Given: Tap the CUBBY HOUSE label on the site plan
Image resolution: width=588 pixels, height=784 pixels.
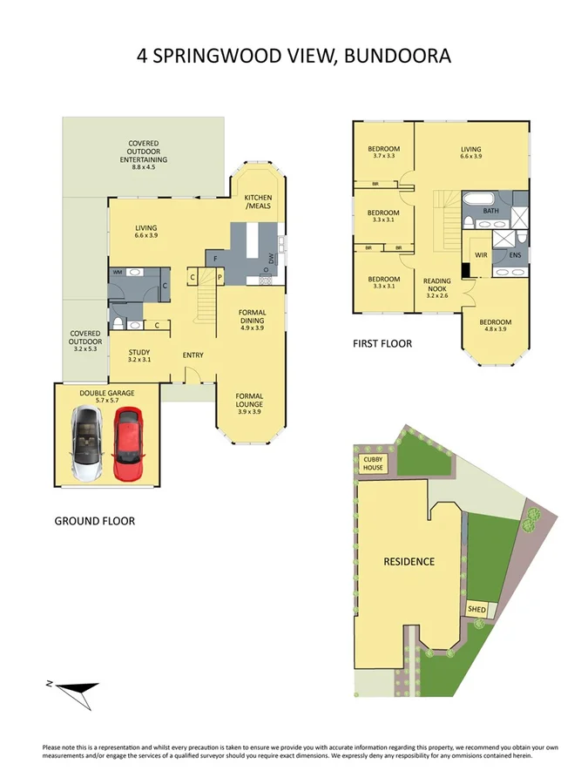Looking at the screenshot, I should pyautogui.click(x=372, y=464).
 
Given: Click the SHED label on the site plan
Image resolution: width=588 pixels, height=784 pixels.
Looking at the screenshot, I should pyautogui.click(x=476, y=609).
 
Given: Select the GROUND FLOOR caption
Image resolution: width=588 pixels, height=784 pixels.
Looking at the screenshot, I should pyautogui.click(x=94, y=521).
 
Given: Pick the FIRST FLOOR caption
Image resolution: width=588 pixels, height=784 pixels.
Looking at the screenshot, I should pyautogui.click(x=382, y=344).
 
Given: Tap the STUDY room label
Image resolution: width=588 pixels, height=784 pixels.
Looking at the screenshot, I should pyautogui.click(x=139, y=355).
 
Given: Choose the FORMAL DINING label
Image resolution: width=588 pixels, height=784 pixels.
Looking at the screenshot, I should pyautogui.click(x=252, y=320).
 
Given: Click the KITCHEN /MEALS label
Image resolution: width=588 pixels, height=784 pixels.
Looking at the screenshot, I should pyautogui.click(x=259, y=201).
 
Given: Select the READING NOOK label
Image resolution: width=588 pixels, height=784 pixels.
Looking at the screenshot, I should pyautogui.click(x=437, y=287).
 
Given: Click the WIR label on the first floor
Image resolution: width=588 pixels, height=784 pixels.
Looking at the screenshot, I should pyautogui.click(x=480, y=255).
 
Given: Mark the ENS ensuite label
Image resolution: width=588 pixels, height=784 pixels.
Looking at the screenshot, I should pyautogui.click(x=515, y=255).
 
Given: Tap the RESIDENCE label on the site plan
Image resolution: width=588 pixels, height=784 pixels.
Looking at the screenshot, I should pyautogui.click(x=409, y=561).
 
